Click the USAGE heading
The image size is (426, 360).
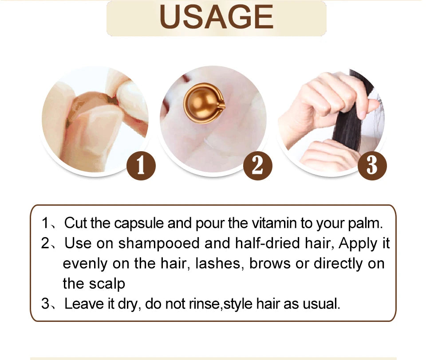pyautogui.click(x=217, y=17)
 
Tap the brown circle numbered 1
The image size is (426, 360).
pyautogui.click(x=141, y=166)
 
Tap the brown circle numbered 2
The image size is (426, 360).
pyautogui.click(x=257, y=166)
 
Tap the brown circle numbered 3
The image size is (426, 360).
pyautogui.click(x=372, y=166)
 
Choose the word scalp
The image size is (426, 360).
pyautogui.click(x=107, y=284)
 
